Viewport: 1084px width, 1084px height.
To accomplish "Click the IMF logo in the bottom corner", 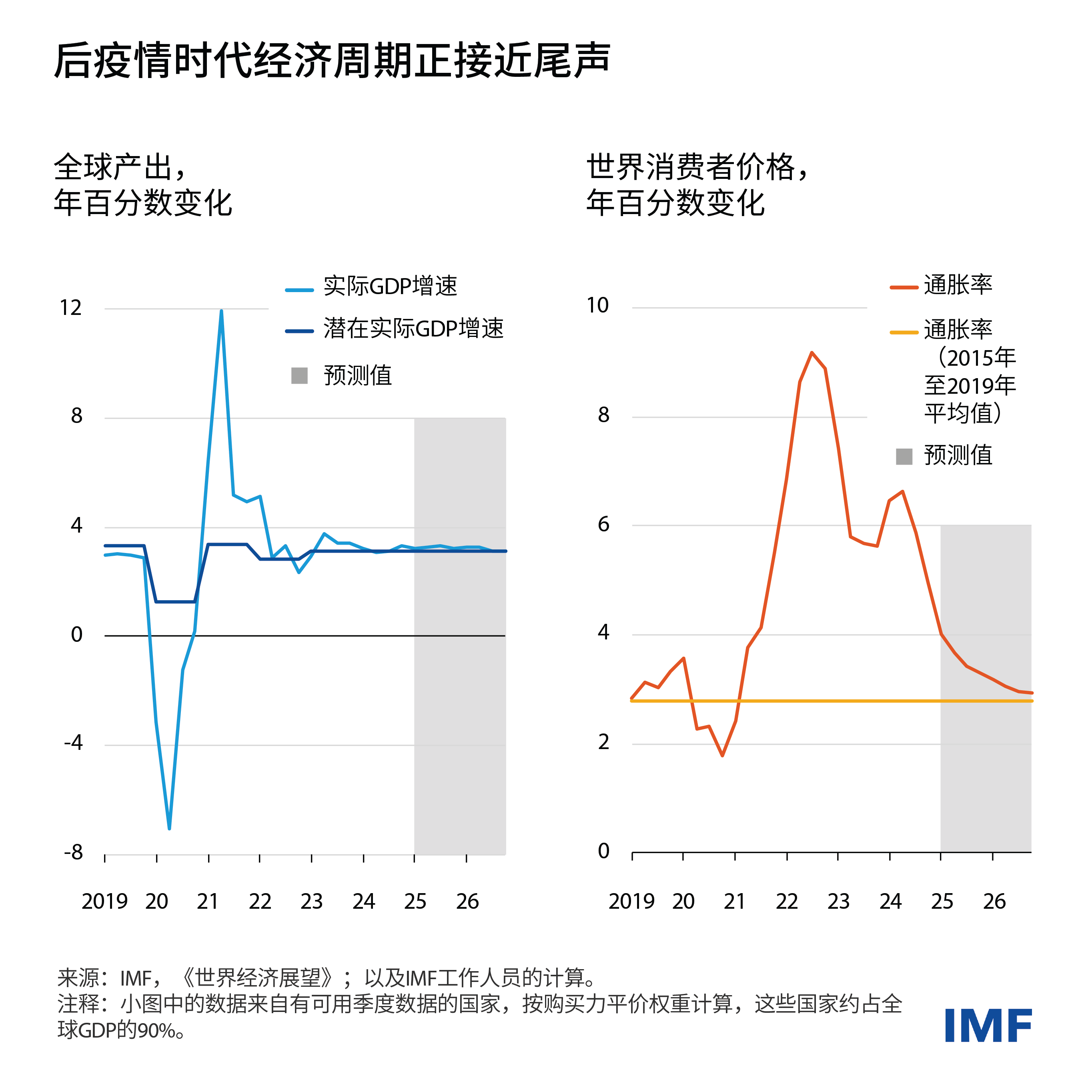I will [988, 1025].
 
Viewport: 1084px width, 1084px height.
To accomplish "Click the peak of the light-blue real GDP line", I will [222, 311].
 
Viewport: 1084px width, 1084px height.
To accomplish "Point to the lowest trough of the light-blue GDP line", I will [169, 828].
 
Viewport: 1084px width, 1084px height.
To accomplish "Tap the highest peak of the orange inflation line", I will [812, 353].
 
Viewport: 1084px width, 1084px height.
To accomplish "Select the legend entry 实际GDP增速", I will [390, 286].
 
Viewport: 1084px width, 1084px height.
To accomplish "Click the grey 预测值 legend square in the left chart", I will [300, 375].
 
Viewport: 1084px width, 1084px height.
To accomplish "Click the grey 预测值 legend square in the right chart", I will [904, 456].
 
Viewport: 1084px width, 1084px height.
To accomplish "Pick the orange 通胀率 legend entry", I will [958, 285].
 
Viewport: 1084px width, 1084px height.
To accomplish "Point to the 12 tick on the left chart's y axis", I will [71, 308].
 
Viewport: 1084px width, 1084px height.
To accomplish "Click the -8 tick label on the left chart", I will [74, 852].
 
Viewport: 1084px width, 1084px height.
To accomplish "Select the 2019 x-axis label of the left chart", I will [105, 902].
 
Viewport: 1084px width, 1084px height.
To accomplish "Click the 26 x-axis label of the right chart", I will [994, 902].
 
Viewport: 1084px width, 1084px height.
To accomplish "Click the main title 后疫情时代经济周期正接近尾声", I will [332, 60].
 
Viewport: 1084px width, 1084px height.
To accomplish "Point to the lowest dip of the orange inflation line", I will [722, 755].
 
